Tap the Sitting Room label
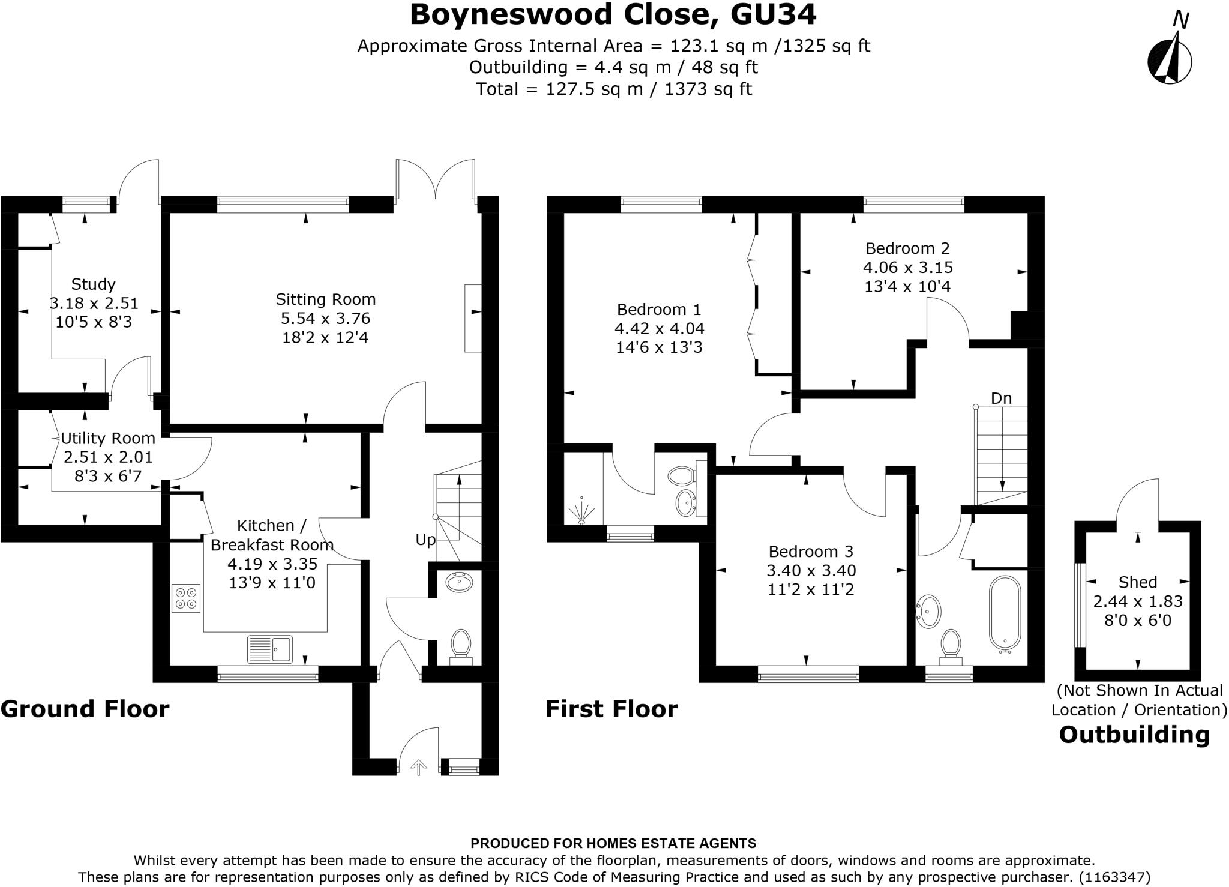tap(325, 299)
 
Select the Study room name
tap(93, 284)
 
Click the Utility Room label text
tap(108, 439)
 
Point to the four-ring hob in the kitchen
tap(185, 598)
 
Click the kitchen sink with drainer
tap(270, 649)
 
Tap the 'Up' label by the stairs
tap(425, 540)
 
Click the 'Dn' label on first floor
tap(1001, 398)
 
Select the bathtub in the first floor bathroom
tap(1005, 613)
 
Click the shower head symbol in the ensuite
tap(581, 510)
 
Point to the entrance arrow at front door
tap(418, 767)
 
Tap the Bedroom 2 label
tap(907, 248)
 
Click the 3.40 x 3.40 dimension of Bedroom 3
tap(811, 571)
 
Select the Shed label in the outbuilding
tap(1138, 582)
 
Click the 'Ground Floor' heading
tap(85, 709)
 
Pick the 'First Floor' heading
tap(611, 709)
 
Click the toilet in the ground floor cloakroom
tap(461, 644)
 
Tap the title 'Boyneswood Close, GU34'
tap(613, 15)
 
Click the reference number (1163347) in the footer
tap(1114, 877)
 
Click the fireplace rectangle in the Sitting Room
tap(473, 319)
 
